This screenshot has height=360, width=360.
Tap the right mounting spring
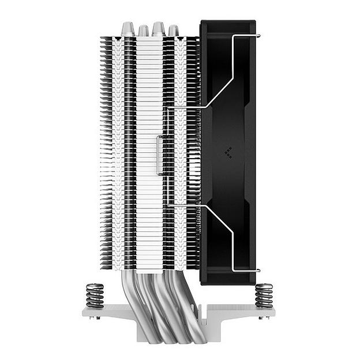[x=264, y=295]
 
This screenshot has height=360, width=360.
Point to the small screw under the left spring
[x=95, y=316]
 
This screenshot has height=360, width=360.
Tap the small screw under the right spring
[x=263, y=316]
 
